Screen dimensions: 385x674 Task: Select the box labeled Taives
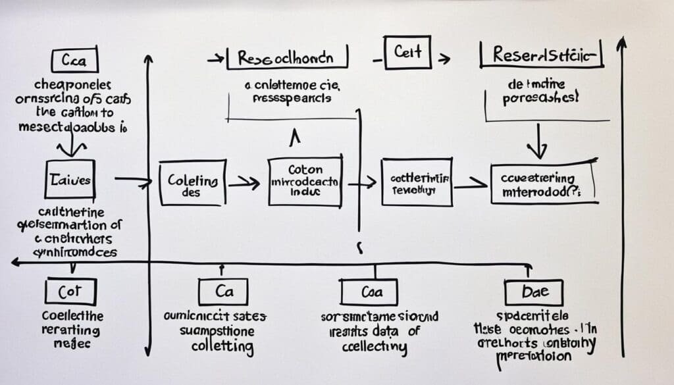click(69, 178)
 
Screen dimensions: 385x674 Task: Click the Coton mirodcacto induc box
click(305, 180)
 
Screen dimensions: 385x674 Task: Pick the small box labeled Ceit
click(407, 53)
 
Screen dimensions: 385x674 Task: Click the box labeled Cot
click(70, 291)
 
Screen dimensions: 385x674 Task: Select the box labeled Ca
click(222, 291)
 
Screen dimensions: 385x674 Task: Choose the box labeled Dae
click(533, 291)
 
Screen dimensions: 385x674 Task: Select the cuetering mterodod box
click(544, 183)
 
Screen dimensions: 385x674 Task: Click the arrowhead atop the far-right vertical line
click(621, 43)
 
